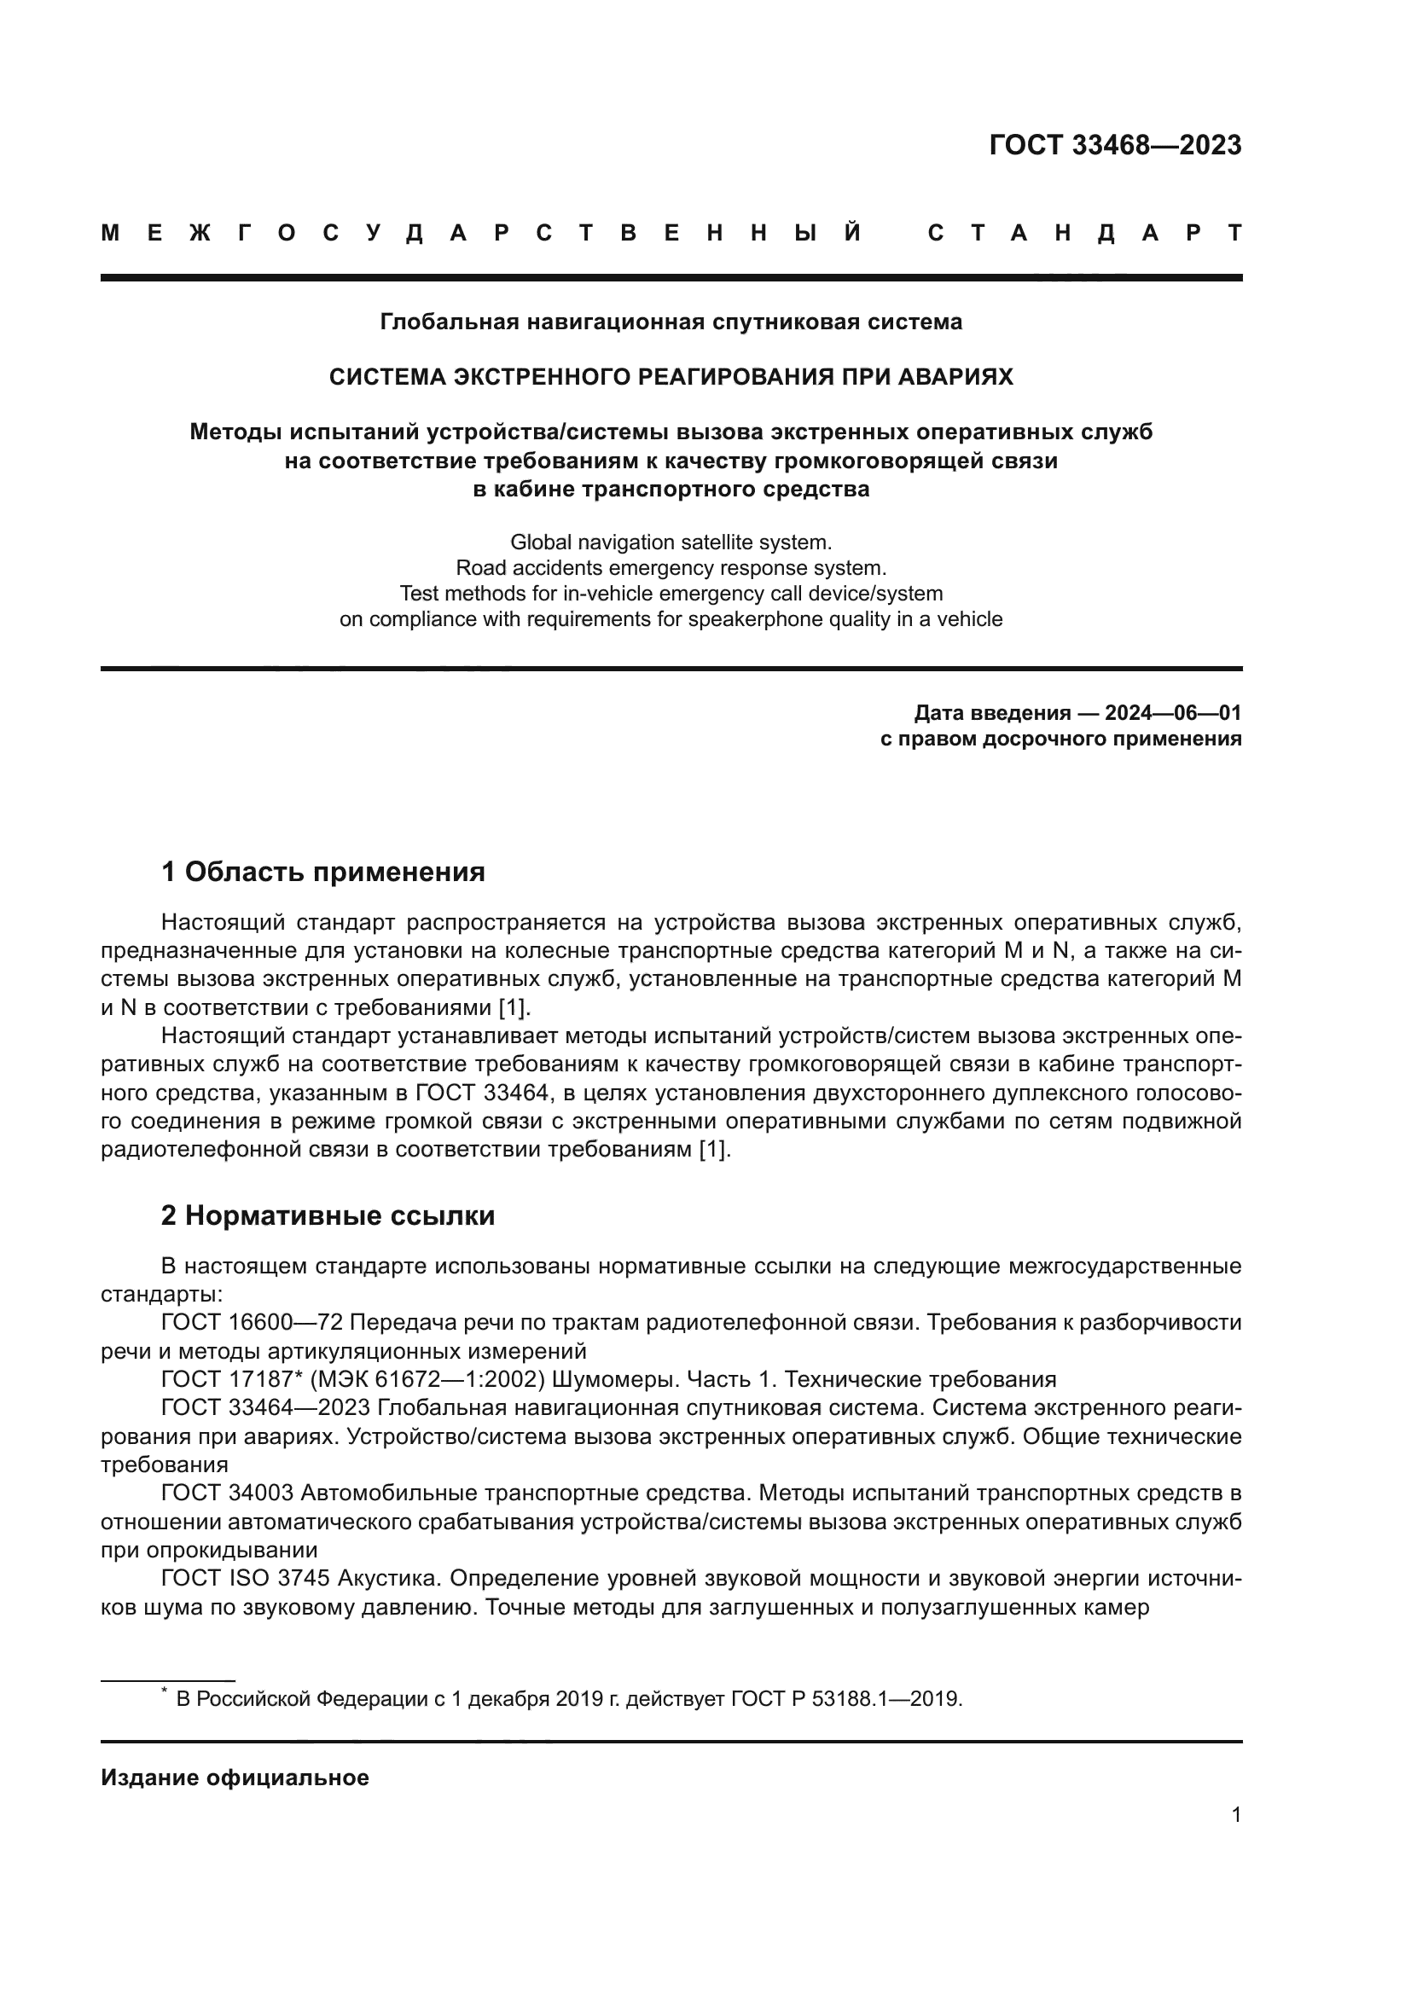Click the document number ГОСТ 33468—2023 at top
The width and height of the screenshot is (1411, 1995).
coord(1115,145)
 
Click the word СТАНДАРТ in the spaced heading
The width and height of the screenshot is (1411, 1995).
coord(1084,234)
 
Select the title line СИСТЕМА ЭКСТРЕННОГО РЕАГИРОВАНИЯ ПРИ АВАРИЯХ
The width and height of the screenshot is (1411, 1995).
coord(671,377)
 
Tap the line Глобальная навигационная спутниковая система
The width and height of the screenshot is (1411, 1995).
coord(671,322)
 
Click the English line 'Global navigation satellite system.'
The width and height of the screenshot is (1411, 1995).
coord(671,542)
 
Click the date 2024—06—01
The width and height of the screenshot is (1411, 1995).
coord(1172,713)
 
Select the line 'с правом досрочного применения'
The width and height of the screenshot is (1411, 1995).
coord(1061,739)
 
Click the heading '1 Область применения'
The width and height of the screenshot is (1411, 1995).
coord(323,872)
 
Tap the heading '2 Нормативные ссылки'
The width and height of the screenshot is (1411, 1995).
coord(328,1215)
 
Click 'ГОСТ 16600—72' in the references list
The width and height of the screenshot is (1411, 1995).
coord(253,1323)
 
